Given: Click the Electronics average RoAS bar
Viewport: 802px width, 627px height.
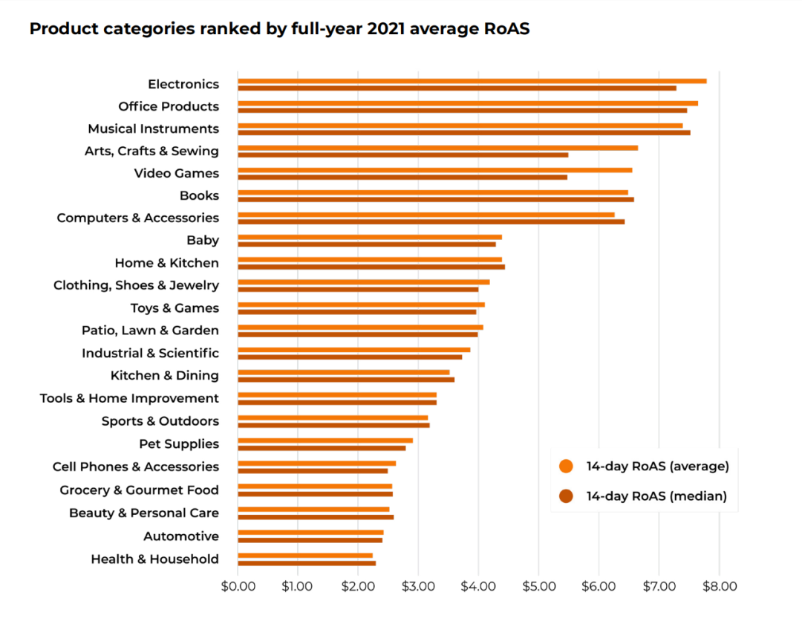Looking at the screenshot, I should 472,81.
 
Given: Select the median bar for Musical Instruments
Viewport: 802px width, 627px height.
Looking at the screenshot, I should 463,133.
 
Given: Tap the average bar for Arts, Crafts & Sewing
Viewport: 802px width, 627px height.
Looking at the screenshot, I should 437,148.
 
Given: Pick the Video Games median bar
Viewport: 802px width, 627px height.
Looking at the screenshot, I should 402,178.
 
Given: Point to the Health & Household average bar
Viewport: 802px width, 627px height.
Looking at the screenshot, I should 304,555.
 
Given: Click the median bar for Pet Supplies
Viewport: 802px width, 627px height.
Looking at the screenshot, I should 322,448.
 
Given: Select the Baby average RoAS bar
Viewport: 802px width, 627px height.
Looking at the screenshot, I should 369,237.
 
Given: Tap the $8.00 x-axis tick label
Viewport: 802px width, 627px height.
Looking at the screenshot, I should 719,586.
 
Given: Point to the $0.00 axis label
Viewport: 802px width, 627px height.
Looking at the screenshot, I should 238,586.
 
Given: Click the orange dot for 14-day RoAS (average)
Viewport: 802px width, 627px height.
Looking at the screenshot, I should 567,467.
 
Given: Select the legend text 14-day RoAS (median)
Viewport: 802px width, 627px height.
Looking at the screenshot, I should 656,496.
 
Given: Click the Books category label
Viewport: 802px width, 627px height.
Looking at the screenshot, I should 199,196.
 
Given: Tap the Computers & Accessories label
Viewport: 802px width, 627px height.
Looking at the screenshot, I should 138,218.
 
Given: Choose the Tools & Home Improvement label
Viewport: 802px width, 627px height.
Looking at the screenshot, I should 129,399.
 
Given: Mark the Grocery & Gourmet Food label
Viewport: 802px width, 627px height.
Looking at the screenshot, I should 140,490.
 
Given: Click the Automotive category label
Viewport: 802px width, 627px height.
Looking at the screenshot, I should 181,536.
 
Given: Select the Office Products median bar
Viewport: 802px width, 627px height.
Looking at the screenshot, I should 462,111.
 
